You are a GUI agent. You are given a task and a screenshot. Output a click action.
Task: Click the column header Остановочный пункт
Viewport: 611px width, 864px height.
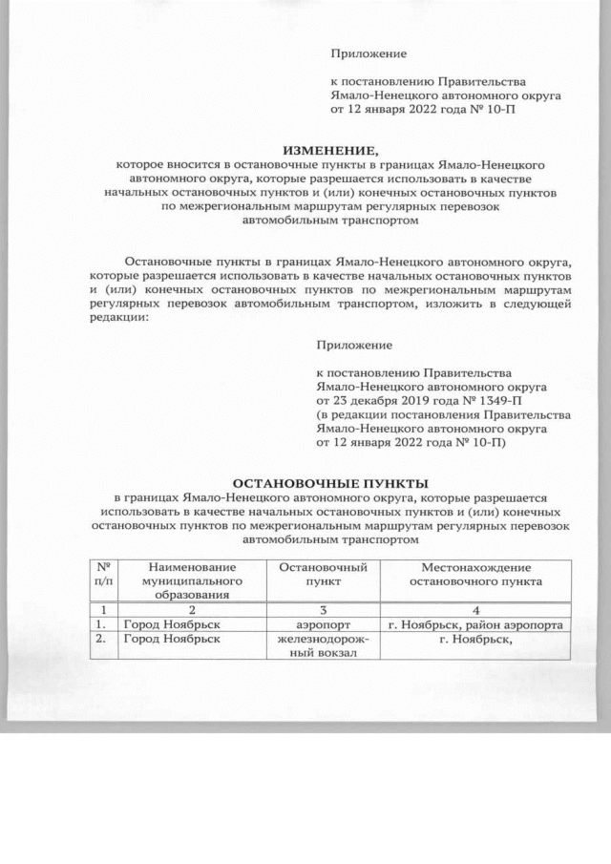click(324, 574)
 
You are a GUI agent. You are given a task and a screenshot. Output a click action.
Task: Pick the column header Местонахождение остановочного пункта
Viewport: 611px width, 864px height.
click(474, 574)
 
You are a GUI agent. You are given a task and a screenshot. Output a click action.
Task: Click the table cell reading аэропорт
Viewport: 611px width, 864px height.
click(324, 624)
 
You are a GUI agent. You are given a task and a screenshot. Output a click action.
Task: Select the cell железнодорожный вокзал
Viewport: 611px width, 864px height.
click(324, 646)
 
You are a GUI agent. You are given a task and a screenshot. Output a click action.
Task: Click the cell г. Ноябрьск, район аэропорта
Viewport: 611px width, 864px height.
click(474, 624)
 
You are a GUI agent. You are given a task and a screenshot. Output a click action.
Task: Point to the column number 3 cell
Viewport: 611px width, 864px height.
click(324, 609)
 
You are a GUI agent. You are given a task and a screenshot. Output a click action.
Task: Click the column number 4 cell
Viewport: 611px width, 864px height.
click(474, 609)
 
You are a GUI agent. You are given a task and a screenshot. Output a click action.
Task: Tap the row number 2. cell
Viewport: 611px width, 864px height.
click(100, 640)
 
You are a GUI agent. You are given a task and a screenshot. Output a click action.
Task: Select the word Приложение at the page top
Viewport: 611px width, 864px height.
click(369, 53)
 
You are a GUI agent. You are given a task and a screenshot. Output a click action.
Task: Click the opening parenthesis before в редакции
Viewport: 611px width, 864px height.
click(319, 415)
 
